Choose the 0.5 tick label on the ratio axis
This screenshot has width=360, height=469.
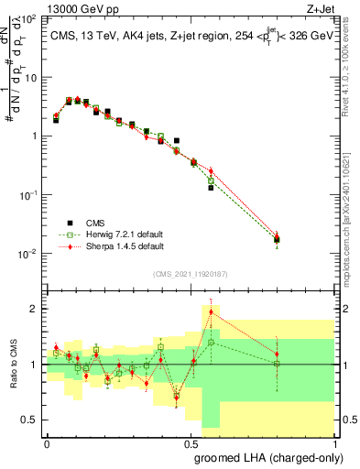click(28, 420)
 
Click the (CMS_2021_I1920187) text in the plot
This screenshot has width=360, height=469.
click(191, 273)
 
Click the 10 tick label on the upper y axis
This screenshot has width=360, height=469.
click(30, 78)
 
